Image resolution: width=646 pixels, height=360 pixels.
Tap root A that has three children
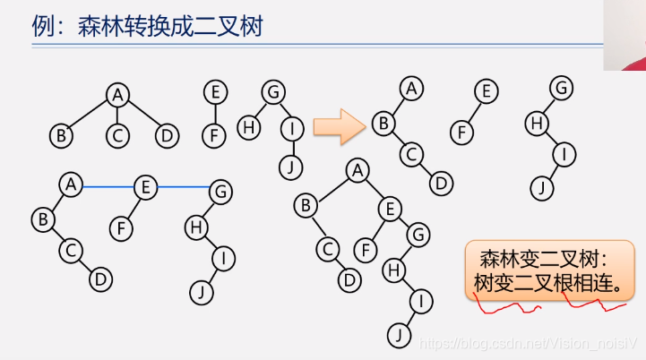117,94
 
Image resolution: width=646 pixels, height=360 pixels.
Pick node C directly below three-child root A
117,136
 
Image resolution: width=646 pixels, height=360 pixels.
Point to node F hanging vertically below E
212,136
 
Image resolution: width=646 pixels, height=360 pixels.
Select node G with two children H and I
272,91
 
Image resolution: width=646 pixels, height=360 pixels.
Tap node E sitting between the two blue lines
144,187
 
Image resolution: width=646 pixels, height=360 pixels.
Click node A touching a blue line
71,184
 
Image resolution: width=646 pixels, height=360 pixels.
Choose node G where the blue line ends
220,190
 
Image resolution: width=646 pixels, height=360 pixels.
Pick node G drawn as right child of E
416,235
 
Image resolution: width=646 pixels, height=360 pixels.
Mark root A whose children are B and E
357,169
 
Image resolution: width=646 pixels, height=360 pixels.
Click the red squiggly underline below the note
551,307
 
